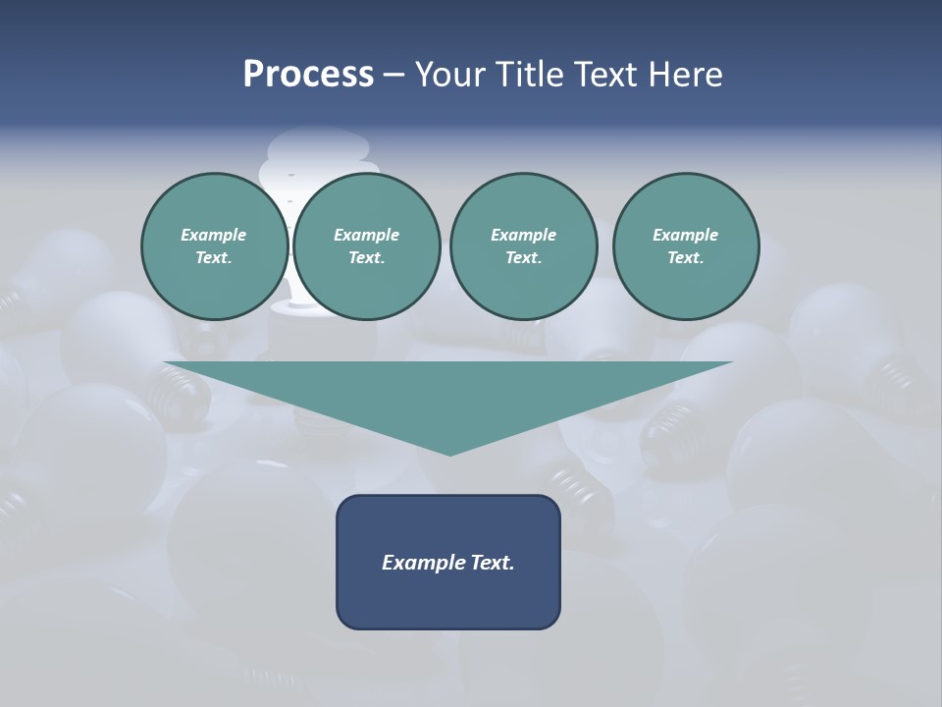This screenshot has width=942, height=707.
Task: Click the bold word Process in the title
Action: coord(308,75)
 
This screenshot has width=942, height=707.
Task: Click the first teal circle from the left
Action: coord(215,246)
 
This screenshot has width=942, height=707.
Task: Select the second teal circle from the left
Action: coord(367,246)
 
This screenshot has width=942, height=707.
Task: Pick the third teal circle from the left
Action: coord(523,246)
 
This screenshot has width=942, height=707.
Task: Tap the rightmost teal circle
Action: coord(686,246)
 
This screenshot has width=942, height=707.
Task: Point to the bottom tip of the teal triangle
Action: coord(449,454)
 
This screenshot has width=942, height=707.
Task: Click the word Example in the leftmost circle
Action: coord(214,235)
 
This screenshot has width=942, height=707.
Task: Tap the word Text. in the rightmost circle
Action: coord(686,258)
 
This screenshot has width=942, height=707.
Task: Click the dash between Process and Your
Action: coord(393,76)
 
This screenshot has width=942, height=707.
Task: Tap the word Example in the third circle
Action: coord(523,235)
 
